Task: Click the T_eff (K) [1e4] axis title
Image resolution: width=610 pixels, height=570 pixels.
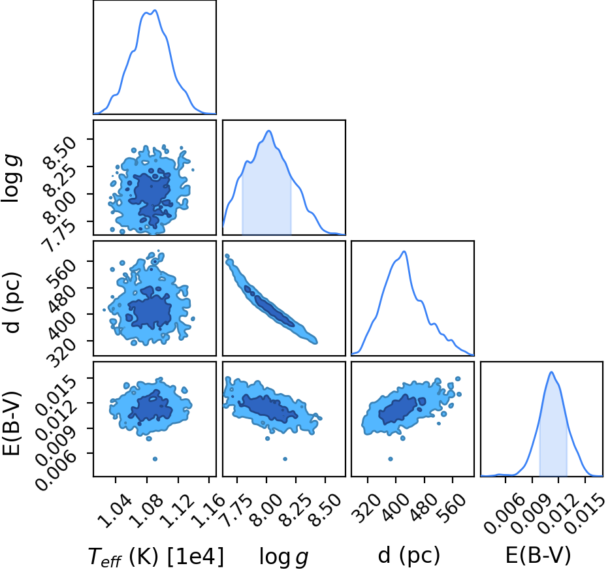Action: coord(156,556)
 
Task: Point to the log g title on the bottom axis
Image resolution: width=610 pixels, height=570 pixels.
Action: coord(283,557)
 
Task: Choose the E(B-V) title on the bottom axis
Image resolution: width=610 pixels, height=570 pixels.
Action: coord(538,555)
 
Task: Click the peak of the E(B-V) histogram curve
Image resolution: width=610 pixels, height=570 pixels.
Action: coord(551,372)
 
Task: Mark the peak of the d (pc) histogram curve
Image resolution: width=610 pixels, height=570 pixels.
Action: coord(404,251)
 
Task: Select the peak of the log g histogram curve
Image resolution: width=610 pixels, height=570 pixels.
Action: coord(268,131)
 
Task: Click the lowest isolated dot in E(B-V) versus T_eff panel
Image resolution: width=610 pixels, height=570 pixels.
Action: coord(155,459)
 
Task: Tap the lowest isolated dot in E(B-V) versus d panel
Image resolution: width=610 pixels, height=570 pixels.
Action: coord(390,459)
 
